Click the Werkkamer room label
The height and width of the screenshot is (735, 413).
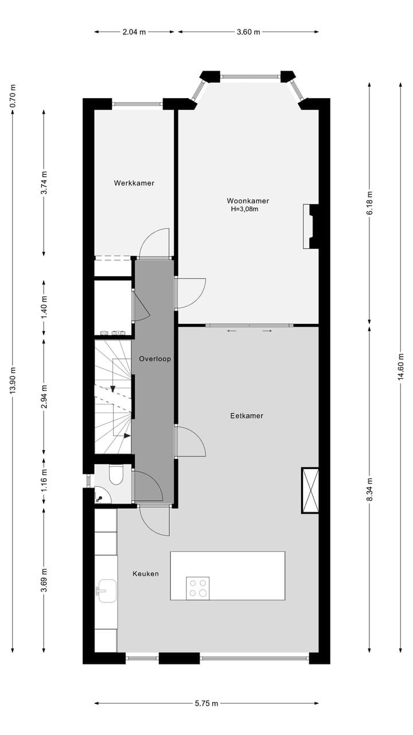coord(134,183)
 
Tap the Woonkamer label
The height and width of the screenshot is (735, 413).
coord(248,201)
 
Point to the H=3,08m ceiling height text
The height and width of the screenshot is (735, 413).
coord(245,210)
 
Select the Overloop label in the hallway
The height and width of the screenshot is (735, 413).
coord(155,359)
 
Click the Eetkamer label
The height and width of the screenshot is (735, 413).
coord(247,416)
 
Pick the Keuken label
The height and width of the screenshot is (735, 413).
coord(146,574)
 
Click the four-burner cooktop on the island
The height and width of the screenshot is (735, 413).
coord(198,589)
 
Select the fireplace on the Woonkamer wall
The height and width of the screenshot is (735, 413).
coord(310,226)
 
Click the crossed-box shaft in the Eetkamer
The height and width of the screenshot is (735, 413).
coord(310,490)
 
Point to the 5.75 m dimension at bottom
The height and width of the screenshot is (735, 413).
coord(207,703)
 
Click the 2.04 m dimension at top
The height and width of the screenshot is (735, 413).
coord(134,32)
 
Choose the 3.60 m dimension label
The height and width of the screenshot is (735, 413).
coord(248,32)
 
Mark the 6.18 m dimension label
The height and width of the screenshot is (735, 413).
coord(369,203)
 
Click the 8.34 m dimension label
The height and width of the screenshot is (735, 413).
coord(369,489)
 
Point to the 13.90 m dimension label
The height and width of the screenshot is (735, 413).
coord(13,380)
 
